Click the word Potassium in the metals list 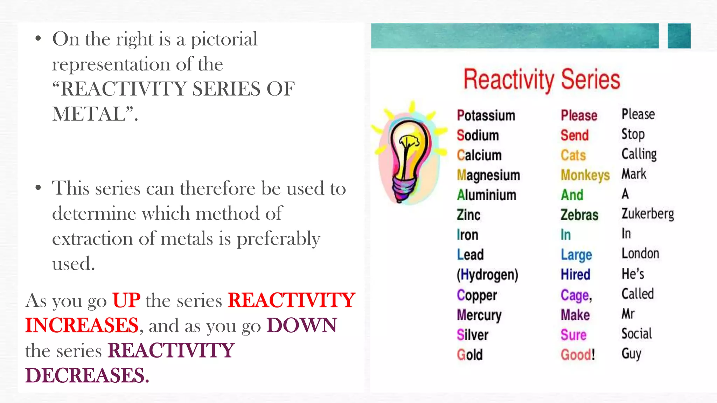tap(486, 115)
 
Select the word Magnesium tap(488, 175)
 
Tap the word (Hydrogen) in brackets tap(487, 275)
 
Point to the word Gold tap(470, 355)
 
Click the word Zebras tap(579, 215)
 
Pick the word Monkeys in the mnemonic tap(585, 175)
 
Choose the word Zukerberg tap(648, 214)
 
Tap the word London tap(640, 254)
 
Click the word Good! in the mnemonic tap(578, 355)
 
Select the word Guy tap(632, 354)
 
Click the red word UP tap(126, 300)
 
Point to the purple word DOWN tap(302, 325)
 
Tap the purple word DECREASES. tap(87, 375)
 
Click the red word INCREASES tap(82, 325)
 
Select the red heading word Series tap(591, 80)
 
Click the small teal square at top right tap(679, 36)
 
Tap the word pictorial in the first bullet tap(224, 39)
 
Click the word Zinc tap(468, 215)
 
